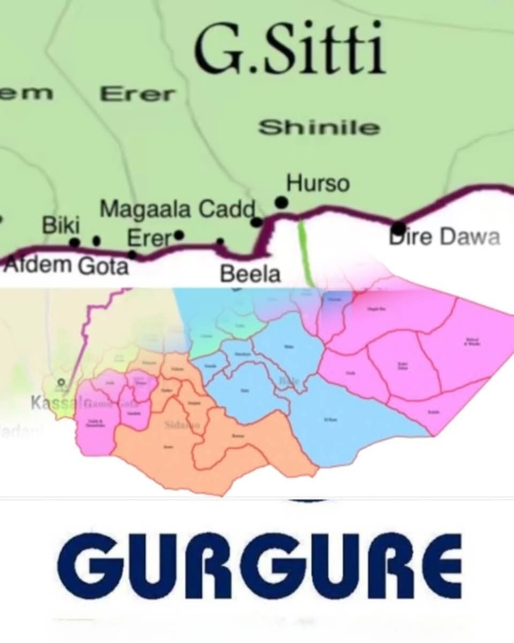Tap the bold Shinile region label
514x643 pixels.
(x=319, y=128)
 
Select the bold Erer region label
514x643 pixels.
(x=138, y=94)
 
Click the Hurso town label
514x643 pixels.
(x=318, y=184)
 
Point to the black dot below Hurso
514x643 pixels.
(x=281, y=202)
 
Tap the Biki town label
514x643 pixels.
(x=61, y=226)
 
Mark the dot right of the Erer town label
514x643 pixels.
(x=179, y=235)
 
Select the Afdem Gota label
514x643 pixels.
(x=66, y=265)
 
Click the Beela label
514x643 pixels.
(x=251, y=274)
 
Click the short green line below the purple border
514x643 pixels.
(x=305, y=252)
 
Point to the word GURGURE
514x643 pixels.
(x=259, y=566)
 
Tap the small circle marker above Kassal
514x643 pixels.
(x=62, y=382)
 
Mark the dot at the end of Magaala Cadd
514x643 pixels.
(x=257, y=221)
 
